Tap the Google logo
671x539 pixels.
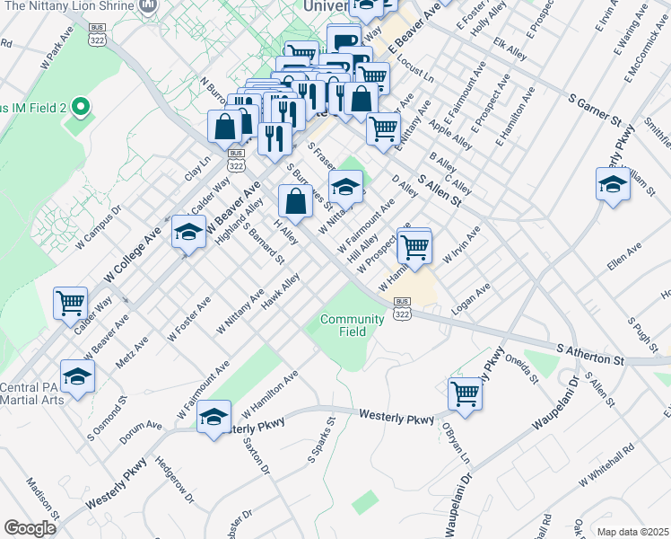(30, 528)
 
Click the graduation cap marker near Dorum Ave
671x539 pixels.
(213, 417)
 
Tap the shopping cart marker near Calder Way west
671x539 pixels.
(70, 303)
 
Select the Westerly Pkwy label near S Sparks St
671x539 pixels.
(396, 416)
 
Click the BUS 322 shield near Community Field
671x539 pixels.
(402, 308)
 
